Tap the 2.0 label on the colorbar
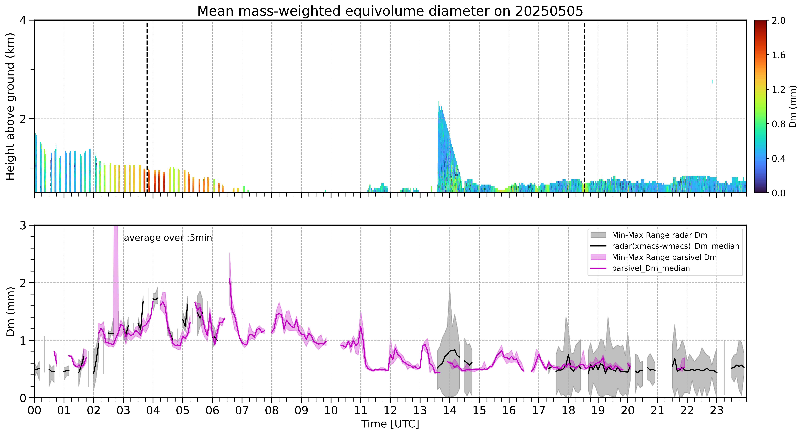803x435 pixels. click(778, 21)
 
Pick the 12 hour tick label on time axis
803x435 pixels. click(390, 410)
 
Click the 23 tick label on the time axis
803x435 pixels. click(717, 410)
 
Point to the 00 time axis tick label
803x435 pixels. click(34, 410)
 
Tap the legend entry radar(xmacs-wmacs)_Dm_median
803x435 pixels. click(675, 246)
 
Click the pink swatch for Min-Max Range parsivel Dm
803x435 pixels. click(598, 257)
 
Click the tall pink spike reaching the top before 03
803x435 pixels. click(116, 228)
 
